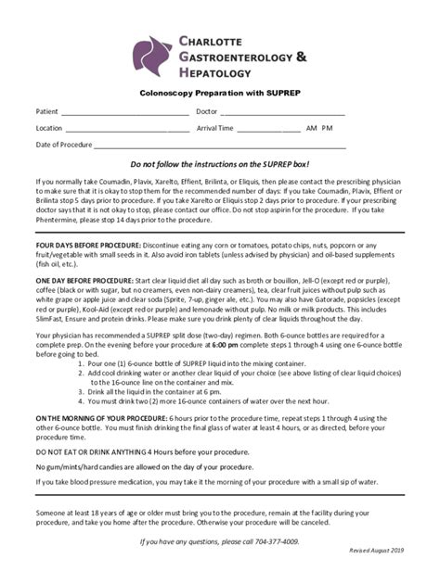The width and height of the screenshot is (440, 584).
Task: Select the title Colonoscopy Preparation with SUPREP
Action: (x=219, y=94)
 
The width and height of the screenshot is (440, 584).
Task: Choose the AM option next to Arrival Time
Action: (x=312, y=129)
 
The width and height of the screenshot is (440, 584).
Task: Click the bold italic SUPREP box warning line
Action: (x=219, y=162)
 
